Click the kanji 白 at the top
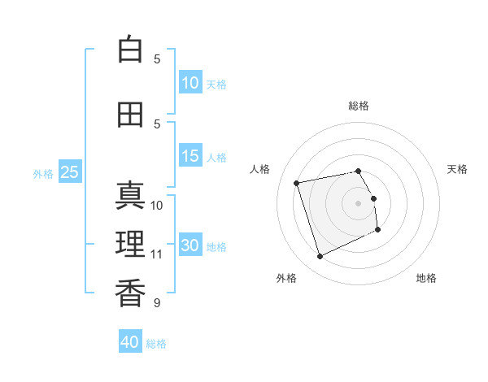(130, 49)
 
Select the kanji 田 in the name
(130, 115)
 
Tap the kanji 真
(130, 195)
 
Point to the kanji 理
(130, 244)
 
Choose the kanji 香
(130, 293)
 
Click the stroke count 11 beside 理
(156, 254)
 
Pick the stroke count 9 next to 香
(157, 302)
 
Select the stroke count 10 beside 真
(156, 206)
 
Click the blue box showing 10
(190, 82)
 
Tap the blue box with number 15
(190, 155)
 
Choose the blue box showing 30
(190, 244)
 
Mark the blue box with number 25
(70, 171)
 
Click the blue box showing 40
(130, 341)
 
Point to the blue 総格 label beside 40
(156, 344)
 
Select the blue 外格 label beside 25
(43, 174)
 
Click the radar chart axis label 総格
(359, 106)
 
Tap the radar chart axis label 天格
(457, 169)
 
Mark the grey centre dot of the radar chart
(358, 203)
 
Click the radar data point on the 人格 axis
(296, 183)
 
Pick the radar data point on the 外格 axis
(320, 256)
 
